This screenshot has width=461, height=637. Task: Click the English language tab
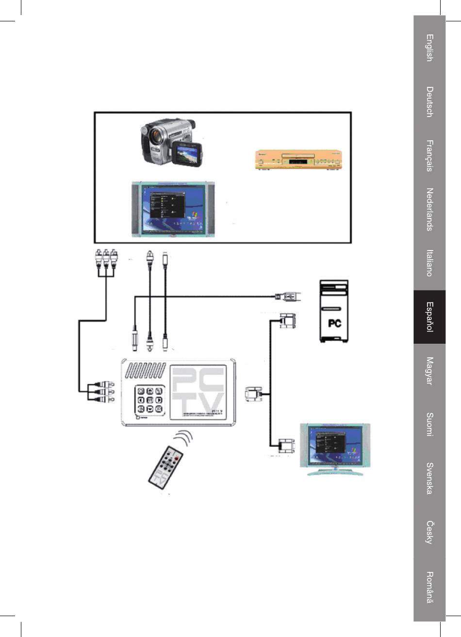click(x=429, y=48)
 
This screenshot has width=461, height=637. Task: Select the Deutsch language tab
click(x=429, y=102)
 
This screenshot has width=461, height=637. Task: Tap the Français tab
click(x=429, y=156)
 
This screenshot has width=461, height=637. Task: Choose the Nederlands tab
click(x=429, y=210)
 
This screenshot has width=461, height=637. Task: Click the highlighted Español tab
click(x=429, y=317)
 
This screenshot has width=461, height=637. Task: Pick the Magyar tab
click(x=429, y=371)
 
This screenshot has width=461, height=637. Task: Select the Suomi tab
click(x=429, y=424)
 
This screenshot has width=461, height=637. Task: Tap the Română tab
click(x=429, y=587)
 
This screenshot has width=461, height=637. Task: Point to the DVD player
click(x=298, y=160)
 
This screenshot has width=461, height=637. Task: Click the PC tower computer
click(x=334, y=311)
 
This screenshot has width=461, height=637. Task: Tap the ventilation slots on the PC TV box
click(x=146, y=371)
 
